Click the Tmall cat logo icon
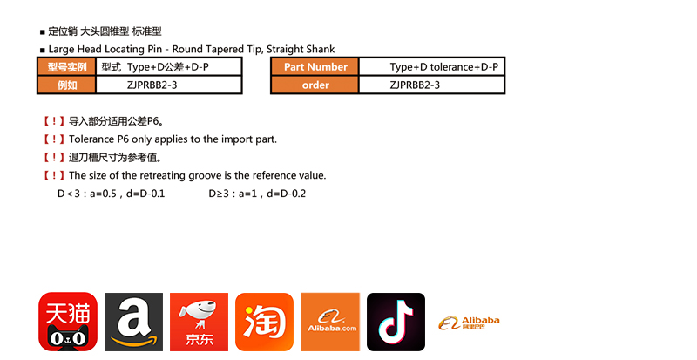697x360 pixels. pyautogui.click(x=68, y=322)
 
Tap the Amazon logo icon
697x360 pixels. pyautogui.click(x=134, y=322)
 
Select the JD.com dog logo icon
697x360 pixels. pyautogui.click(x=200, y=322)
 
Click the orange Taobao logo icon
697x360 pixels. pyautogui.click(x=265, y=322)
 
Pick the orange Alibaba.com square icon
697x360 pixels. pyautogui.click(x=330, y=322)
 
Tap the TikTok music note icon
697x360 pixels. pyautogui.click(x=396, y=322)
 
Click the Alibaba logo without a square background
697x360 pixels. pyautogui.click(x=469, y=323)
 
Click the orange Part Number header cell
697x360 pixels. pyautogui.click(x=315, y=67)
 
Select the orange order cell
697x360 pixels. pyautogui.click(x=315, y=85)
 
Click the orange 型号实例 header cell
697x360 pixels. pyautogui.click(x=67, y=67)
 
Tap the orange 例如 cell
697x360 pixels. pyautogui.click(x=67, y=85)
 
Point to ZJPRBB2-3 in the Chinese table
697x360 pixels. pyautogui.click(x=152, y=85)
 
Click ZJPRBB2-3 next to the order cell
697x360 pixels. pyautogui.click(x=415, y=85)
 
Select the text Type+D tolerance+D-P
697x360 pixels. pyautogui.click(x=444, y=67)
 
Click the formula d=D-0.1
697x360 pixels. pyautogui.click(x=145, y=194)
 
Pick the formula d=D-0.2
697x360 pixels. pyautogui.click(x=287, y=194)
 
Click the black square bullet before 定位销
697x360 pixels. pyautogui.click(x=43, y=32)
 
